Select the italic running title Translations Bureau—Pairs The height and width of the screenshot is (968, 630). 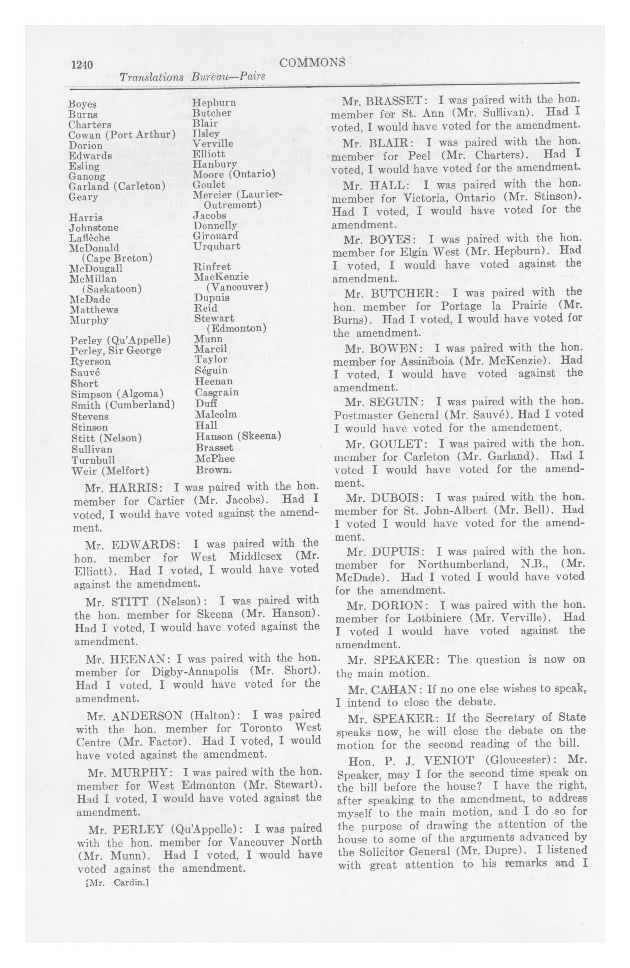(x=192, y=77)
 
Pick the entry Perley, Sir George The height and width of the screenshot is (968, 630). (x=116, y=350)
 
